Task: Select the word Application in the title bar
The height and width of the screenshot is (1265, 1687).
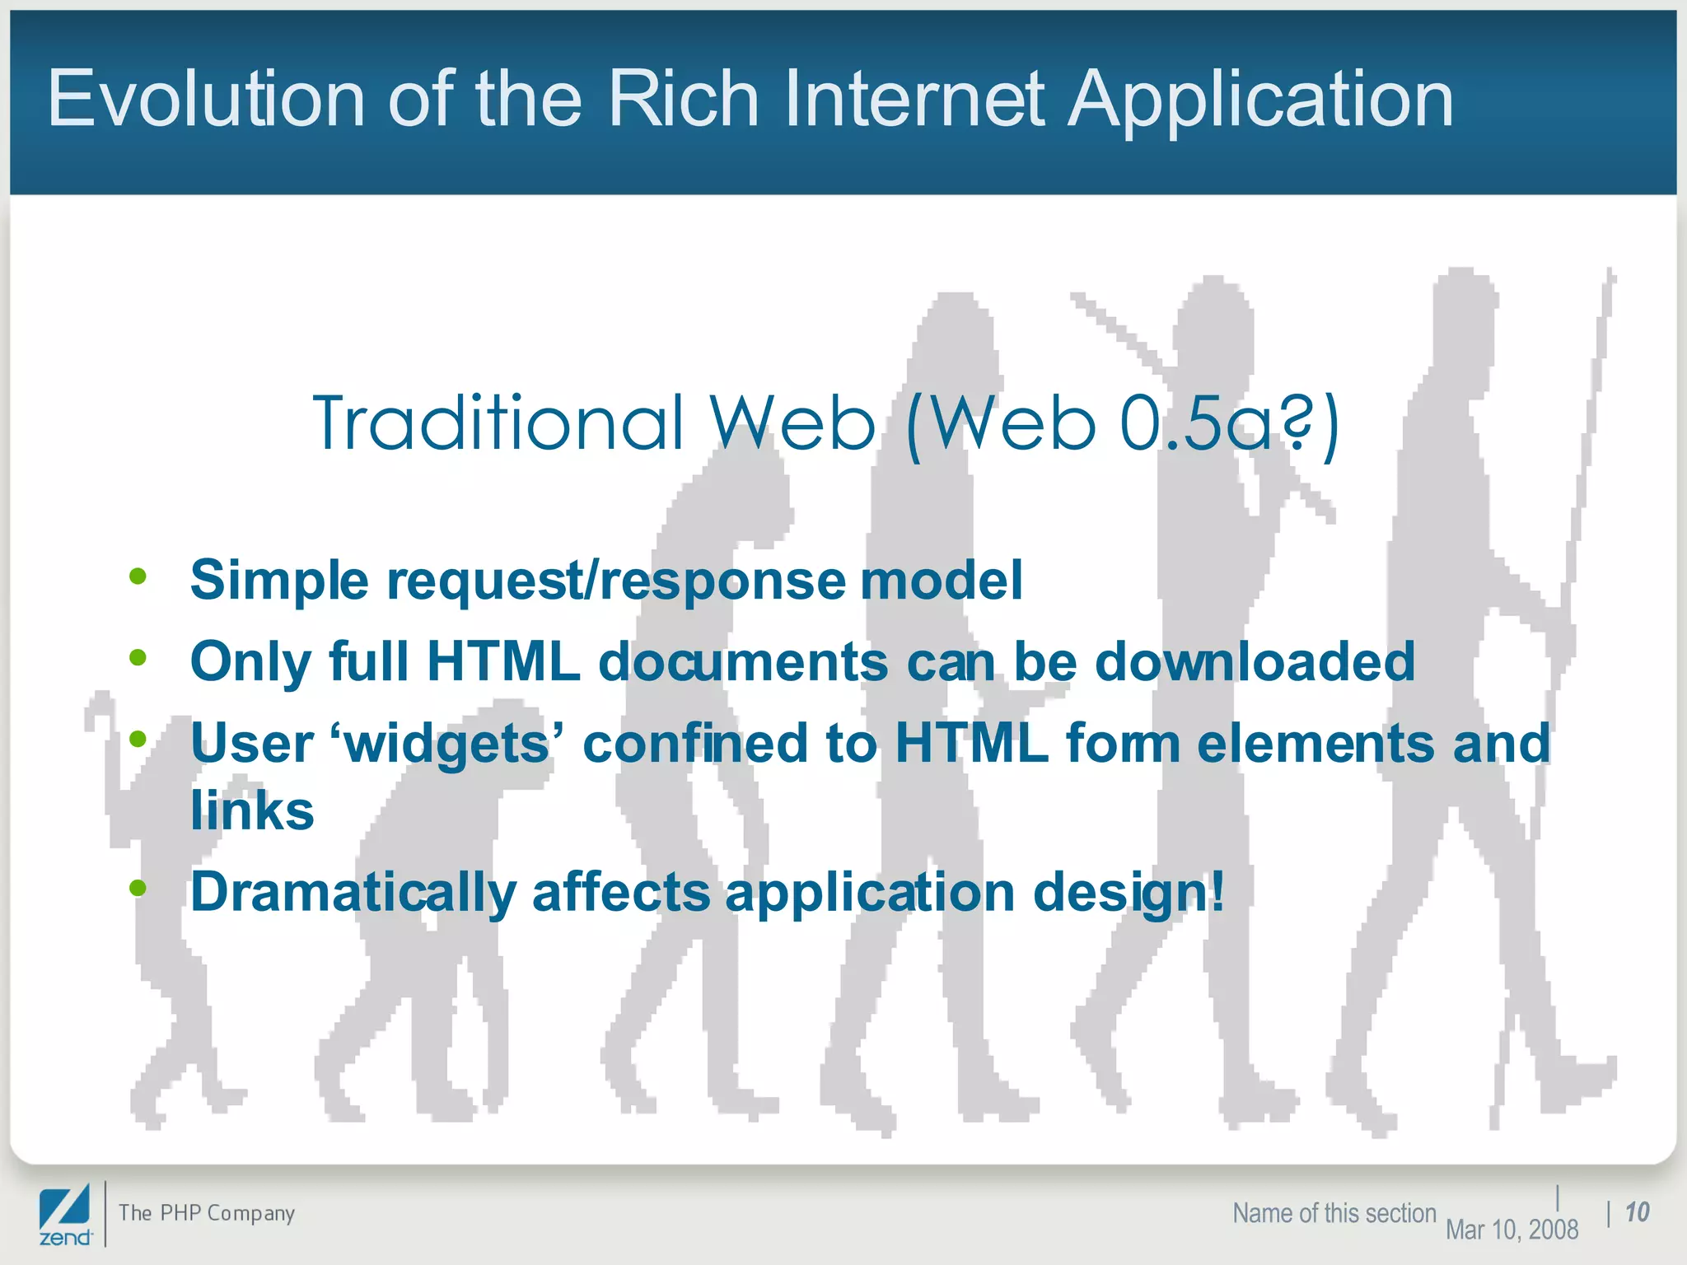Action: pos(1260,100)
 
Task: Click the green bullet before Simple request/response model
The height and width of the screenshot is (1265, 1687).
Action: pos(138,576)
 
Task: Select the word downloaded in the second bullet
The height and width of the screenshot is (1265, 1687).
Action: pos(1254,661)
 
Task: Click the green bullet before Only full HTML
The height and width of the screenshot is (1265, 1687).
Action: pos(138,658)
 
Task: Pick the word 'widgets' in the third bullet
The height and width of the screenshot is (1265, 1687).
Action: pos(446,744)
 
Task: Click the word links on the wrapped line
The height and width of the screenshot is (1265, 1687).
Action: pos(252,811)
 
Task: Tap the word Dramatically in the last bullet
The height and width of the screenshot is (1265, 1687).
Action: pos(353,892)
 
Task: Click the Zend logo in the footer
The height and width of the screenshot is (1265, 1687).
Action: pos(65,1214)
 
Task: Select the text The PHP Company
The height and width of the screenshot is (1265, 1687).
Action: pos(206,1213)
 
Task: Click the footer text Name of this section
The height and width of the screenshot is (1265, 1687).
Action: pos(1334,1213)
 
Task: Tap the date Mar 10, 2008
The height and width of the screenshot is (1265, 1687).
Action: pos(1512,1230)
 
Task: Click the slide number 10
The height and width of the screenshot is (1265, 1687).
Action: pos(1637,1212)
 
